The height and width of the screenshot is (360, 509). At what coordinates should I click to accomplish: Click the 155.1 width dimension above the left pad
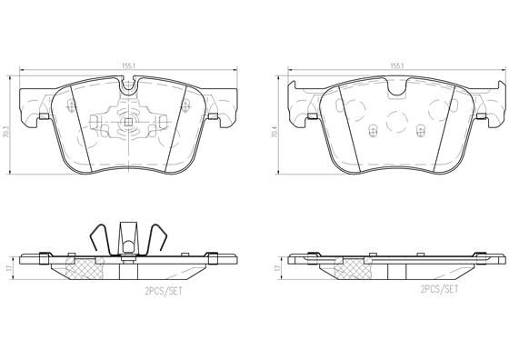(x=128, y=65)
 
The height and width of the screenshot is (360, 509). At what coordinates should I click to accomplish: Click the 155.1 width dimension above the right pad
(x=396, y=65)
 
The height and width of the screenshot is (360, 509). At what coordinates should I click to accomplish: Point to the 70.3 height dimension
(x=6, y=125)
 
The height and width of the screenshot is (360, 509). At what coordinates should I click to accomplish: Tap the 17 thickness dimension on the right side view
(x=276, y=268)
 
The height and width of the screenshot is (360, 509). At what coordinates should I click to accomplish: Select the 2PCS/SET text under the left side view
(x=164, y=291)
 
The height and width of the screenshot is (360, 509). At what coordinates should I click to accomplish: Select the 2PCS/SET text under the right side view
(x=439, y=289)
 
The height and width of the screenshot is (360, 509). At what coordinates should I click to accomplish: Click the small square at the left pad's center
(x=128, y=122)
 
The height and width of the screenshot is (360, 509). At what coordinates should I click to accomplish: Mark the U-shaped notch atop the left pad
(x=128, y=85)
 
